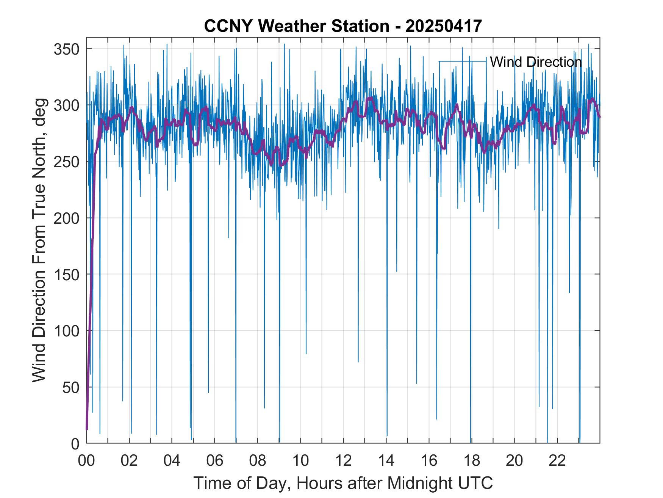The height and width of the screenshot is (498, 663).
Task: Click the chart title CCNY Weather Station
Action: [296, 26]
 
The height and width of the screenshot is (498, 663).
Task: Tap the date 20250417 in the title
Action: [444, 26]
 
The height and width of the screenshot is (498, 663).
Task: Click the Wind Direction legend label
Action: [536, 62]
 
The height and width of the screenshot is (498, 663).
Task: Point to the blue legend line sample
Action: [463, 61]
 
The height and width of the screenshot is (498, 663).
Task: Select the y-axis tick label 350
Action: [66, 49]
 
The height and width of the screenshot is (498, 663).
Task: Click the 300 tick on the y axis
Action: [66, 105]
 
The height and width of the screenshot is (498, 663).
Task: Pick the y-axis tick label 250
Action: [66, 162]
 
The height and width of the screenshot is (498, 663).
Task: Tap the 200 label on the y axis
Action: [66, 218]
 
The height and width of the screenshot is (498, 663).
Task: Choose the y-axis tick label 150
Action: [66, 275]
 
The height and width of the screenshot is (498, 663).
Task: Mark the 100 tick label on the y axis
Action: [66, 331]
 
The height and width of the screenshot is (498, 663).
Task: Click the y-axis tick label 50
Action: [70, 388]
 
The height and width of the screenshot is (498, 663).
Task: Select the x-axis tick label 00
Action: [86, 461]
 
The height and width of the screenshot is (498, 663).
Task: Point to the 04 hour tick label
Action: [172, 461]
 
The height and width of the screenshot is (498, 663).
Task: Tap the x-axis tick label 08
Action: [258, 461]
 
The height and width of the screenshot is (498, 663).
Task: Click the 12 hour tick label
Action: [343, 461]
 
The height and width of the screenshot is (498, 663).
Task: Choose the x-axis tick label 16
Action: [429, 461]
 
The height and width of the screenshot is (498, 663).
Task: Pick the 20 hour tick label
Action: [514, 461]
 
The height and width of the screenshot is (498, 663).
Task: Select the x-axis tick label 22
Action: [557, 461]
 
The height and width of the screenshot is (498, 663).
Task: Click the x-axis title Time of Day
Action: [343, 483]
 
